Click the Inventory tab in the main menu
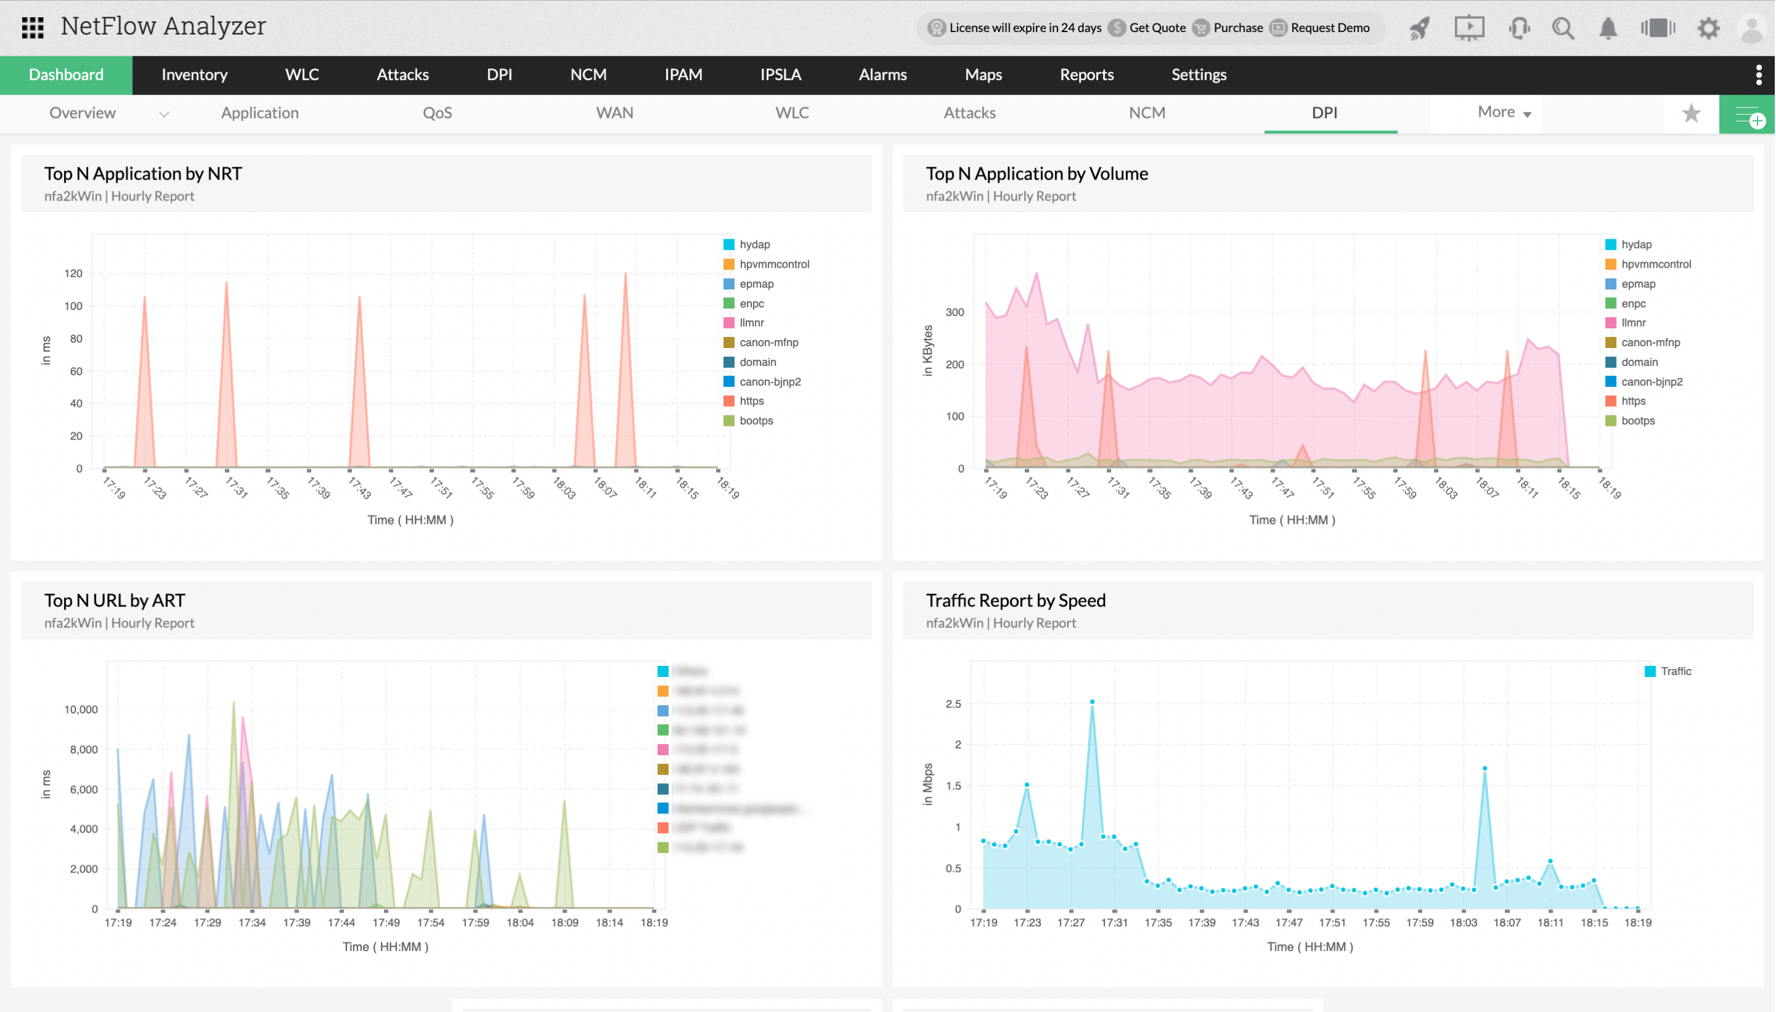point(194,75)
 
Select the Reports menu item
point(1086,75)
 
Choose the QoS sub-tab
point(437,112)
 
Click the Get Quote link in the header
point(1157,28)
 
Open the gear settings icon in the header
point(1708,28)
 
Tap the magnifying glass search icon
point(1562,28)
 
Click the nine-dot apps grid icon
point(33,28)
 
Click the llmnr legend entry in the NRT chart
point(751,323)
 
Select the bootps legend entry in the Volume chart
point(1637,420)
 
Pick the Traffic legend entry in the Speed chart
point(1675,671)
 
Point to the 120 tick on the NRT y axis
point(73,273)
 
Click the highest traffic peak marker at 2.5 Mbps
point(1092,702)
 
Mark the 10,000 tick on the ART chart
point(81,709)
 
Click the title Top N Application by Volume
point(1036,174)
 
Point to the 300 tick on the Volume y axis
point(954,312)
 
